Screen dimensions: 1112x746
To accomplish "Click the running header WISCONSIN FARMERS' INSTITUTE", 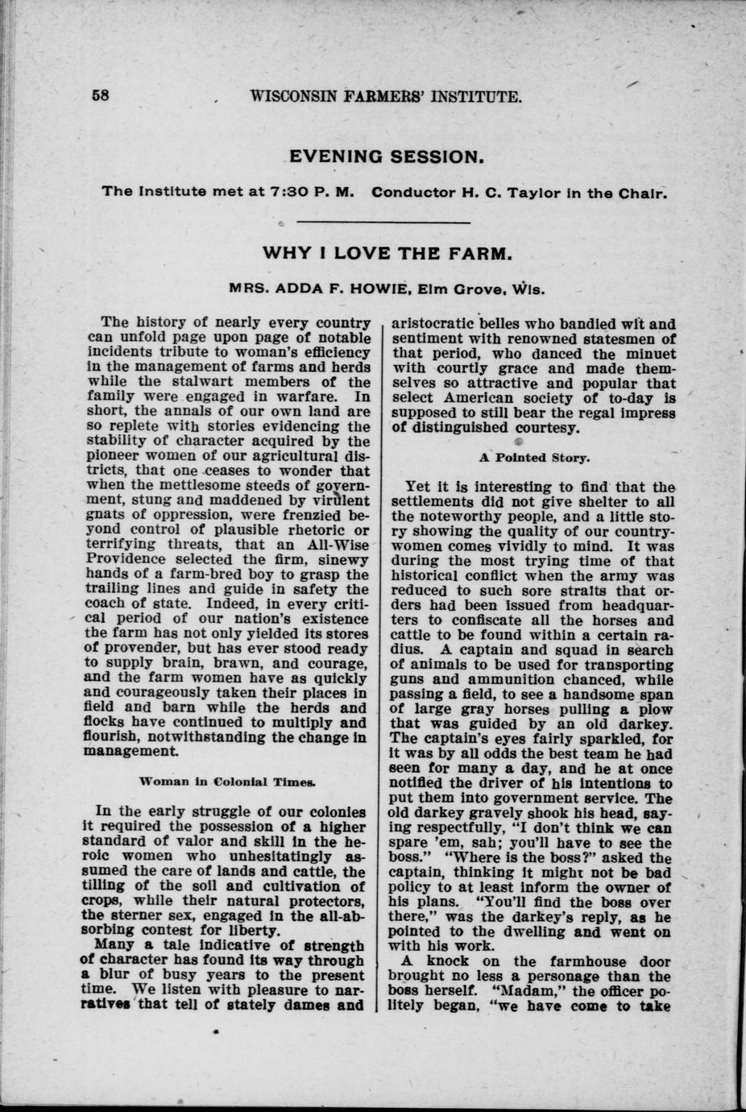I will pos(386,98).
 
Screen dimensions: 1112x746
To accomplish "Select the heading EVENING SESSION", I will pos(386,156).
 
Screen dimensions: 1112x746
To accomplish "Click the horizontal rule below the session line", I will pos(384,222).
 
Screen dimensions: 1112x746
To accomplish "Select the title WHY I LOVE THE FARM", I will pos(387,254).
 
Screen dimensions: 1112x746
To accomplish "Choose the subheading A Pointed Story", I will pos(535,458).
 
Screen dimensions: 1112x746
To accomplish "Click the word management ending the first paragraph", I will pos(131,752).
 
